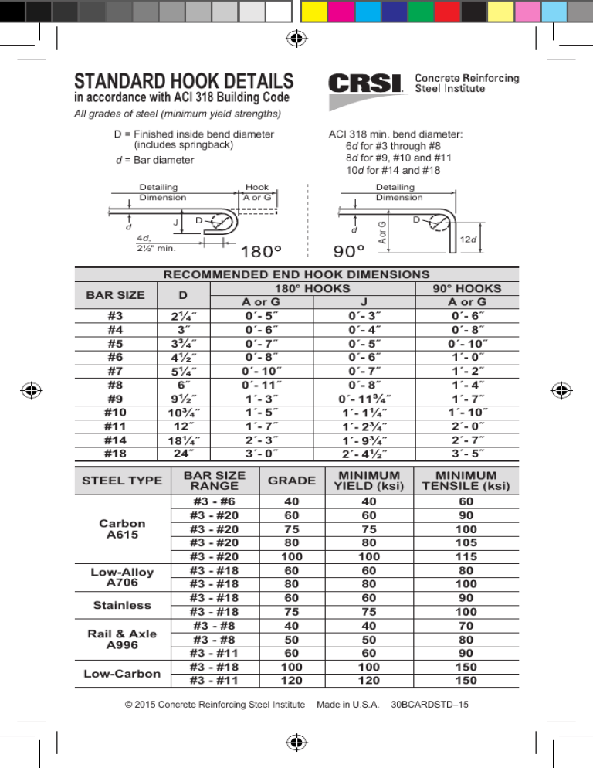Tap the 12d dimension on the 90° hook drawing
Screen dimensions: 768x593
[x=468, y=239]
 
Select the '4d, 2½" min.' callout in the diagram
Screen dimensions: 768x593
[x=155, y=243]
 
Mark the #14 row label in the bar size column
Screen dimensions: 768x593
[x=114, y=440]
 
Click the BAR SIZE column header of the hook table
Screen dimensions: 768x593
[x=114, y=294]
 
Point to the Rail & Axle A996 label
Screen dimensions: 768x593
[x=121, y=638]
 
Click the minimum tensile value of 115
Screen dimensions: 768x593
[x=466, y=556]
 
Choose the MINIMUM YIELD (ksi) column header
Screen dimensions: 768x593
[x=368, y=480]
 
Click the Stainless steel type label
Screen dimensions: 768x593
[x=122, y=604]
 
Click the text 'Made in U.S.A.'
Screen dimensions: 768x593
[x=350, y=705]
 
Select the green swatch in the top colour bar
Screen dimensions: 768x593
[x=420, y=11]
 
